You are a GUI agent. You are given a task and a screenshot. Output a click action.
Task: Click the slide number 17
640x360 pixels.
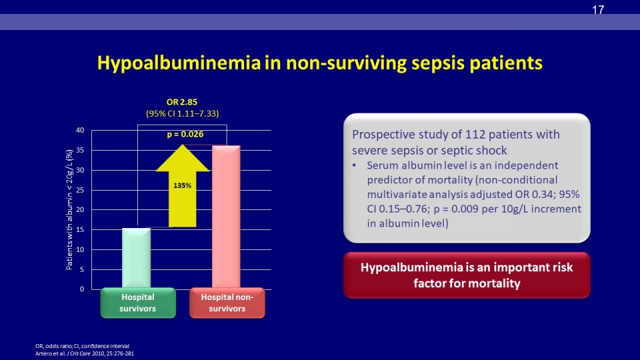coord(598,10)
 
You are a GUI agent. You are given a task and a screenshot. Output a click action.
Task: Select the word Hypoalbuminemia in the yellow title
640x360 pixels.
coord(179,63)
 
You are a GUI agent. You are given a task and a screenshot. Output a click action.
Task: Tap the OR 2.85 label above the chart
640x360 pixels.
coord(181,102)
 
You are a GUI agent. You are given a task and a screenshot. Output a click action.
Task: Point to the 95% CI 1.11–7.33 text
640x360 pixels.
coord(183,113)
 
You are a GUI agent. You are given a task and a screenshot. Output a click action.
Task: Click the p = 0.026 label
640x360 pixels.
coord(185,134)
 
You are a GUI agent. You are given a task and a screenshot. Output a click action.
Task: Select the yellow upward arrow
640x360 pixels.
coord(183,186)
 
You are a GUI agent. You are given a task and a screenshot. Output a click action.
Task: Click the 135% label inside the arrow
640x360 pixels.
coord(183,186)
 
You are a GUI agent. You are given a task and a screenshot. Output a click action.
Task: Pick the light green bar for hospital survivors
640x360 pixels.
coord(136,258)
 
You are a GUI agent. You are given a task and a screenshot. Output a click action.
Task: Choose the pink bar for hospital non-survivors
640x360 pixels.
coord(226,217)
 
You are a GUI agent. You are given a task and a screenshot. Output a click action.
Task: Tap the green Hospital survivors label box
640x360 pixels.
coord(138,303)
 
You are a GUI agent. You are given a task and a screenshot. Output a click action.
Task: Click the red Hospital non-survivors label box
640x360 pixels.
coord(227,303)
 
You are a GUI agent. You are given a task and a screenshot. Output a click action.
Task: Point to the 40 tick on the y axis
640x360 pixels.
coord(80,130)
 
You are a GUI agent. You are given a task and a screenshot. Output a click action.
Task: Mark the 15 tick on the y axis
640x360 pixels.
coord(80,230)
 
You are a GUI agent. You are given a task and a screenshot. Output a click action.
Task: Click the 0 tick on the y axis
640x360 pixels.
coord(82,289)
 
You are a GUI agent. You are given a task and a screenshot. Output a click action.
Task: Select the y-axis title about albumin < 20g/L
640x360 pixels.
coord(69,209)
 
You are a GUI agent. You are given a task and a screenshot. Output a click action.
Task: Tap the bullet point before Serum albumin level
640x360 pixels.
coord(354,165)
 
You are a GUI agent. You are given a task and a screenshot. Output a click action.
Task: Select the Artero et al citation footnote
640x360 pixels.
coord(85,353)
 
